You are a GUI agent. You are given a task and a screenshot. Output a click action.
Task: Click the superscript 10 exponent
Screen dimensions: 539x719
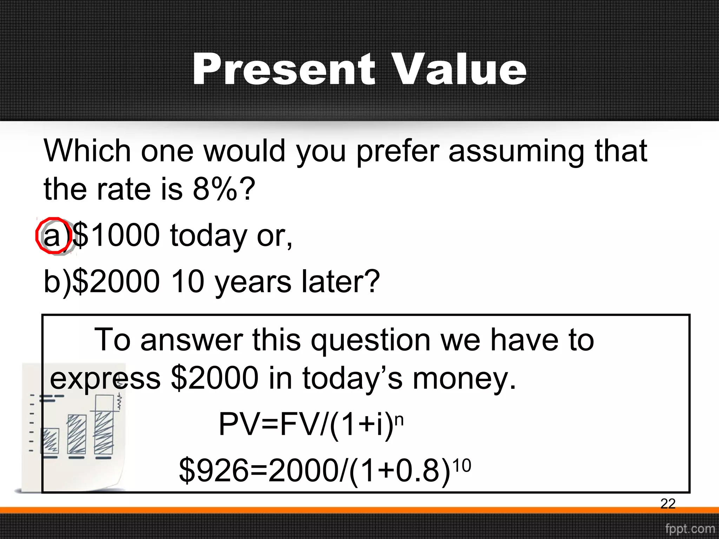(x=461, y=466)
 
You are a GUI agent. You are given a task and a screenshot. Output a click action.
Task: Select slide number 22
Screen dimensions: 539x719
(x=668, y=504)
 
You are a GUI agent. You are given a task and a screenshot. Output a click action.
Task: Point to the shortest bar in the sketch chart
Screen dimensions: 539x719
(x=50, y=441)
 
